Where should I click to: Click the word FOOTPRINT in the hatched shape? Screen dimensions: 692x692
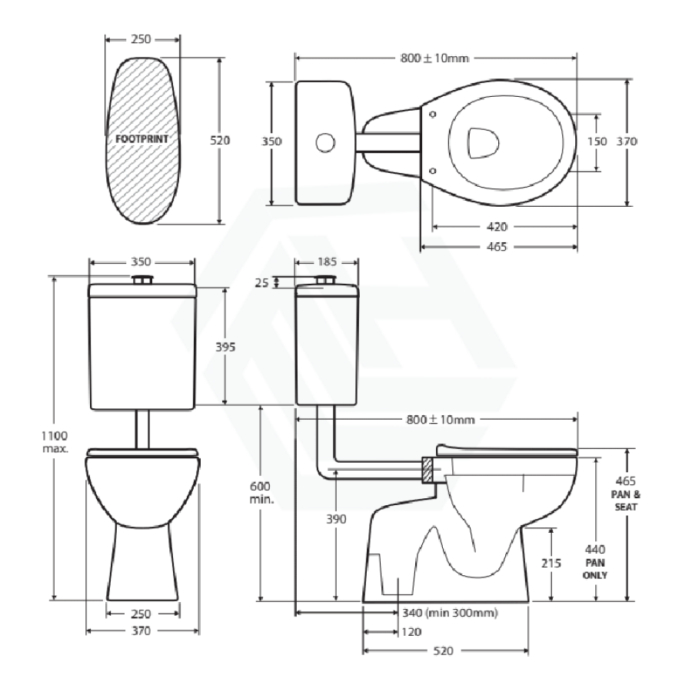pyautogui.click(x=141, y=139)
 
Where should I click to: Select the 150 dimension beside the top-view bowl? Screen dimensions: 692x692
pyautogui.click(x=597, y=141)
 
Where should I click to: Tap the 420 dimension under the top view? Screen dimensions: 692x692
pyautogui.click(x=497, y=227)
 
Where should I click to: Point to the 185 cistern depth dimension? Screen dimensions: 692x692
pyautogui.click(x=327, y=262)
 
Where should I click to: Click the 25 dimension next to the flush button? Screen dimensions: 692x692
pyautogui.click(x=261, y=283)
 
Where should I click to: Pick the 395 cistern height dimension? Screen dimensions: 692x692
pyautogui.click(x=225, y=348)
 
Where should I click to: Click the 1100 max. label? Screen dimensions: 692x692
pyautogui.click(x=55, y=442)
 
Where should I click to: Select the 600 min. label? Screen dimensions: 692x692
pyautogui.click(x=261, y=493)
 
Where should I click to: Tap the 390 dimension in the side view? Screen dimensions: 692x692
pyautogui.click(x=336, y=519)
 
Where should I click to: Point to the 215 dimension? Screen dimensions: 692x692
pyautogui.click(x=551, y=563)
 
